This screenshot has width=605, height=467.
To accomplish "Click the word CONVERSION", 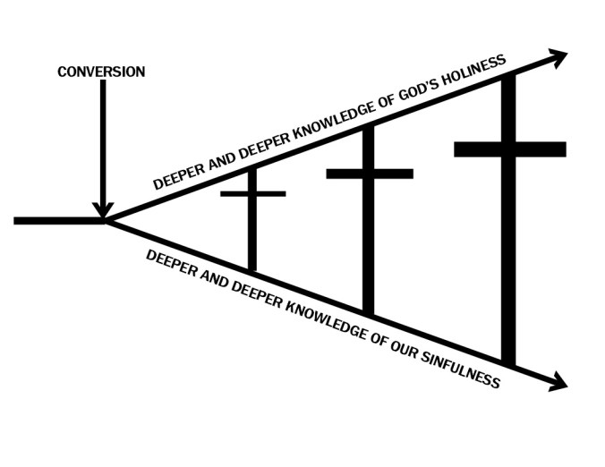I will [101, 72].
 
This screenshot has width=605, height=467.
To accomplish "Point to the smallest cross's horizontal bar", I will [253, 193].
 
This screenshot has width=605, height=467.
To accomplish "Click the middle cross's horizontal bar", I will [370, 174].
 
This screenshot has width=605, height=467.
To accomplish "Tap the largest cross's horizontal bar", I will [509, 149].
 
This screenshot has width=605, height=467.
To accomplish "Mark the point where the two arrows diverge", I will [107, 220].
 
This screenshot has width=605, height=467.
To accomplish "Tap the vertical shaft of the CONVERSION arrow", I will [105, 143].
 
